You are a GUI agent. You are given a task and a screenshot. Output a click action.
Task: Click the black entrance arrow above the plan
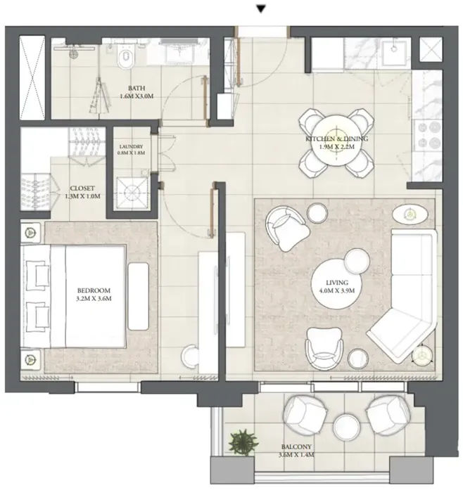(261, 9)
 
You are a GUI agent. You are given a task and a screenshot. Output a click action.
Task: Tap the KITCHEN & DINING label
(337, 143)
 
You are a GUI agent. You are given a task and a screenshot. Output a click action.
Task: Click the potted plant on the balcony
(243, 441)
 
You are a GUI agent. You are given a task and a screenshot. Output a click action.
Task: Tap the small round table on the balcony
(347, 426)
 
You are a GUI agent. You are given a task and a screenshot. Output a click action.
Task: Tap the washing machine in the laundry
(131, 187)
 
